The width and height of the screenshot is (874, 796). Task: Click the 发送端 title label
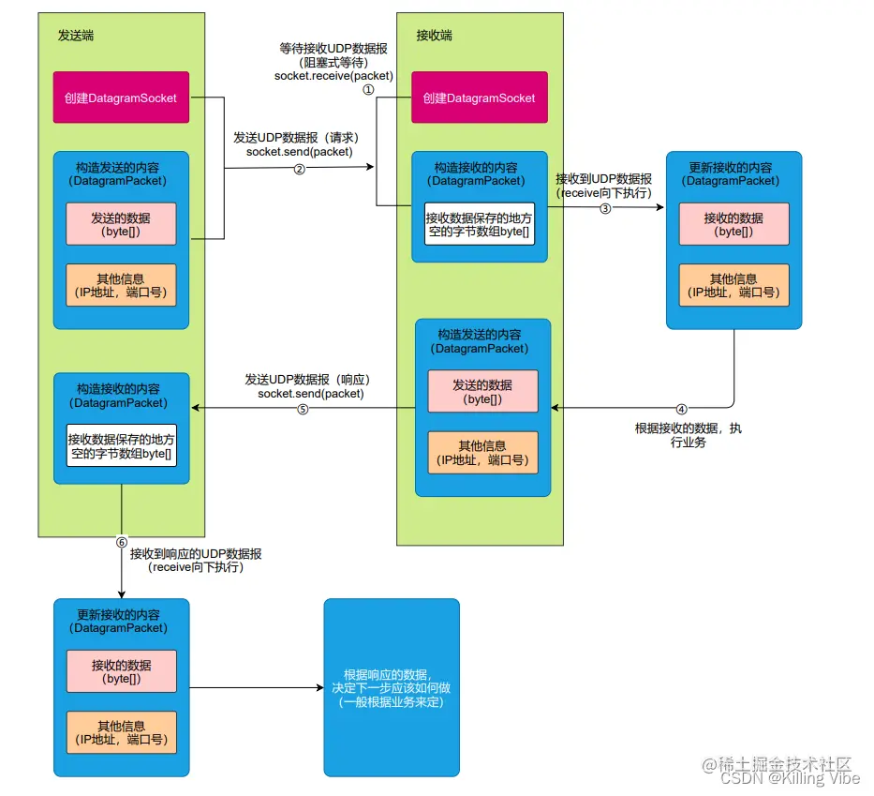click(76, 36)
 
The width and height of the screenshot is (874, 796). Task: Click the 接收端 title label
click(435, 36)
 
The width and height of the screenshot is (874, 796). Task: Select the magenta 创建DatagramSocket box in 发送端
click(121, 98)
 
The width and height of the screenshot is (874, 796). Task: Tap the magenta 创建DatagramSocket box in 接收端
click(479, 98)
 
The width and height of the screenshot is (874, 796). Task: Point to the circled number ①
click(368, 89)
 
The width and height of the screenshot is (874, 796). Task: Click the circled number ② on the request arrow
click(300, 169)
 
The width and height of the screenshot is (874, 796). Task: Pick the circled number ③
click(605, 208)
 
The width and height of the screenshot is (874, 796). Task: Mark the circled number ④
click(681, 409)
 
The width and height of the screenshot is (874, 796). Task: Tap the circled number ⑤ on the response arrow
click(303, 409)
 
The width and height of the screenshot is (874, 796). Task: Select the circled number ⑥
click(122, 542)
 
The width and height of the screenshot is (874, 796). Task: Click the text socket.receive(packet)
click(333, 75)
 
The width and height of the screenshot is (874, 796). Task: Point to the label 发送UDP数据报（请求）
click(297, 138)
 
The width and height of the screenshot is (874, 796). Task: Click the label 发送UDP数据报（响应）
click(309, 380)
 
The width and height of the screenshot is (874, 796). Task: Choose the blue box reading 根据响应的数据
click(392, 687)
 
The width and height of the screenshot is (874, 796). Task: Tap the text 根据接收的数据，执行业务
click(688, 435)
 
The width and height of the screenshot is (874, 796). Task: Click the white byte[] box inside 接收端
click(480, 223)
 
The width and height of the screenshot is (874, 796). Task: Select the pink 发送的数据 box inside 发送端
click(121, 223)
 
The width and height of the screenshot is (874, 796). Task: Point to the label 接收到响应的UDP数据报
click(196, 553)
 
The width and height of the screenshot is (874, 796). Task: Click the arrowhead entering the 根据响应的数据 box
click(318, 688)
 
